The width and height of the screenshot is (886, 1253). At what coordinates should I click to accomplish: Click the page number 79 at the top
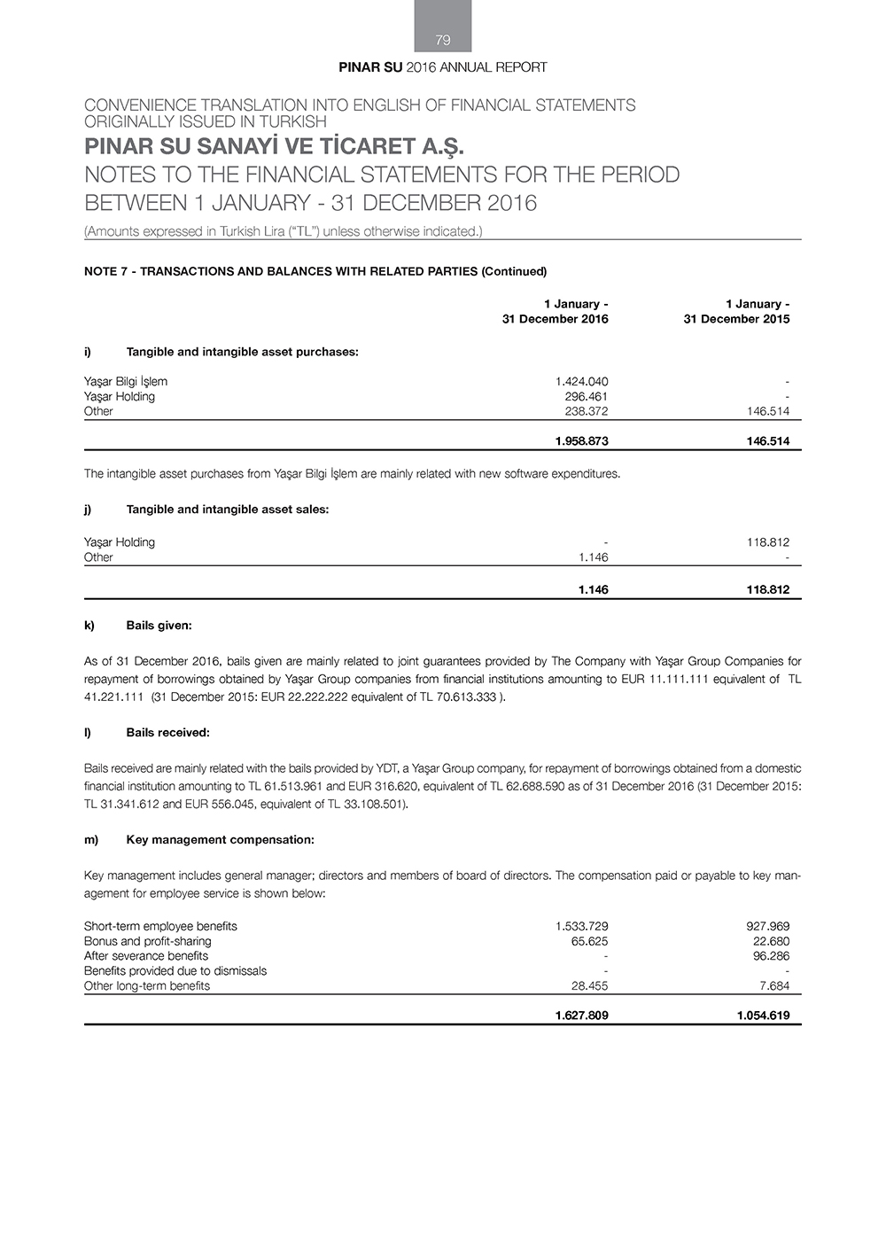click(443, 40)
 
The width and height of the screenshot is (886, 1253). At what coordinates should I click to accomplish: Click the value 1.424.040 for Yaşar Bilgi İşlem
click(581, 382)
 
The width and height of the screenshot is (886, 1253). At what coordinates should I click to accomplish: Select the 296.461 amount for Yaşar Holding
click(587, 397)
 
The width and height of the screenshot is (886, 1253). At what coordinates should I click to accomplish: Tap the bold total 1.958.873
click(581, 441)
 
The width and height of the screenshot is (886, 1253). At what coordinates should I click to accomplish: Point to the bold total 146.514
click(767, 441)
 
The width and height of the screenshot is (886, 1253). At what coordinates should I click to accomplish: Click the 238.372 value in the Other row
click(587, 411)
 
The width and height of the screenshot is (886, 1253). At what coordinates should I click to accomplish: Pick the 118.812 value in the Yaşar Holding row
click(767, 542)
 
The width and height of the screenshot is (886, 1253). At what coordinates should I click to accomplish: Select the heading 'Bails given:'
click(159, 626)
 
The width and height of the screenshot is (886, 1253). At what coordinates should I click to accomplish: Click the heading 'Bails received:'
click(167, 733)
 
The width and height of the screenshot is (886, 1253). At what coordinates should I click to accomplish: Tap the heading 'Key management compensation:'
click(220, 839)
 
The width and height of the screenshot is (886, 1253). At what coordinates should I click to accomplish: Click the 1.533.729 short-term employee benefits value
click(581, 926)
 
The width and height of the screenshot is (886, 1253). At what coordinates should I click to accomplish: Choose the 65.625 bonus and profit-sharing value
click(589, 941)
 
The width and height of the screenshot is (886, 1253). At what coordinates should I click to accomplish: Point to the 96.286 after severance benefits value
click(771, 956)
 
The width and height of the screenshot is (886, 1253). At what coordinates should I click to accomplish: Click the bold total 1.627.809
click(581, 1016)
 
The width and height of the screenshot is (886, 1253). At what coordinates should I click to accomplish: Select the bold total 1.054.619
click(763, 1016)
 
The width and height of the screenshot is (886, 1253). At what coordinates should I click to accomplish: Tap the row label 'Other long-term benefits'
click(147, 985)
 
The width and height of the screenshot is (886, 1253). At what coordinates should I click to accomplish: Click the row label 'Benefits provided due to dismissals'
click(175, 971)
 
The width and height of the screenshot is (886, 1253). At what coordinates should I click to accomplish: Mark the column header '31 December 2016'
click(555, 319)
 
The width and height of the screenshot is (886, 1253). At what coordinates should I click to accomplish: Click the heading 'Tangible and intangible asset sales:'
click(228, 510)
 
